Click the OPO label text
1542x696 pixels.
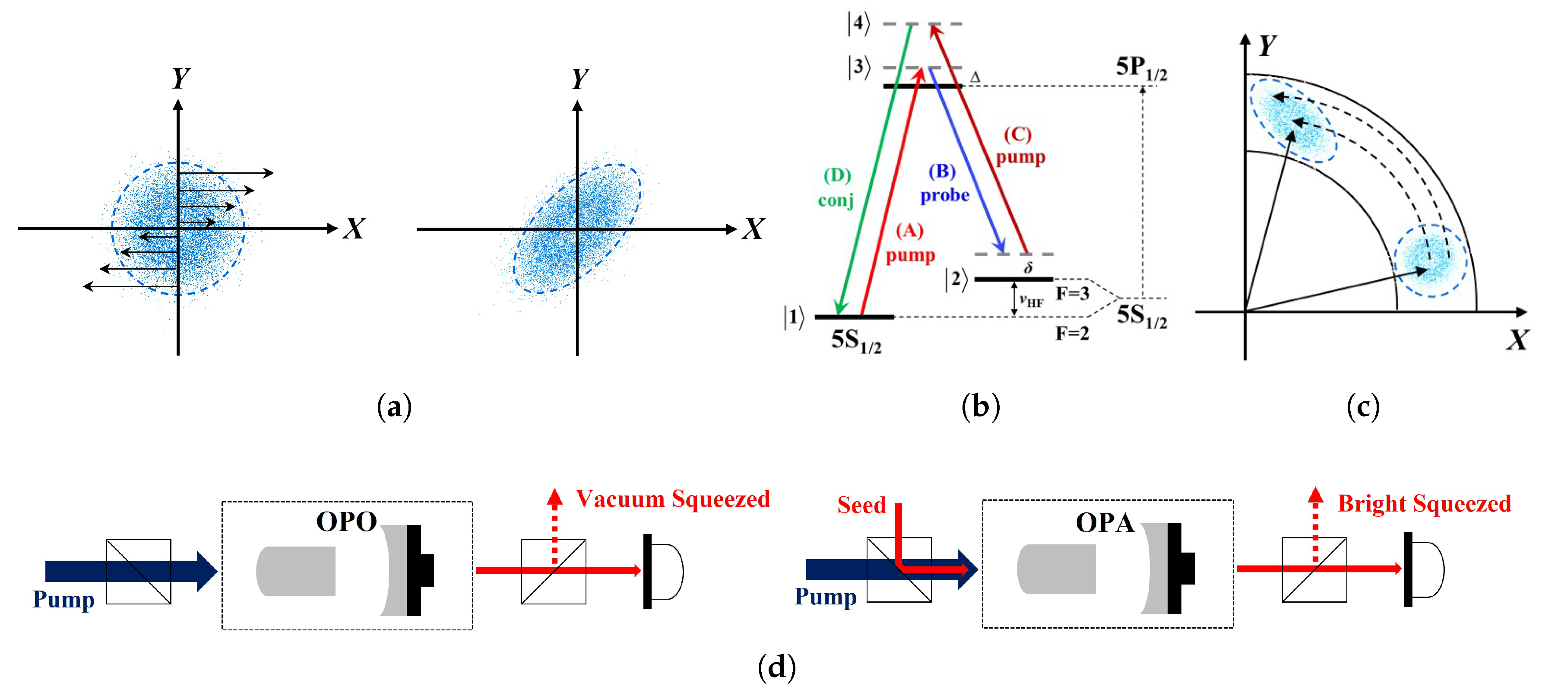[346, 522]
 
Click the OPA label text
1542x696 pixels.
[1105, 523]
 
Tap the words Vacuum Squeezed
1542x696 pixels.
[672, 499]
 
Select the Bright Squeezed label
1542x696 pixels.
[1424, 504]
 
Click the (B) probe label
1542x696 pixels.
[944, 183]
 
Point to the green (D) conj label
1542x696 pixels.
[836, 188]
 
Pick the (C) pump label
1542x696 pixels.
[1020, 146]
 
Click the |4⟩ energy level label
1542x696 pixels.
[858, 23]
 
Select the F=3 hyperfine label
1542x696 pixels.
[1072, 293]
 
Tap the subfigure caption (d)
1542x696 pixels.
[776, 667]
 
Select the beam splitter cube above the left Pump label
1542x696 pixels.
[138, 572]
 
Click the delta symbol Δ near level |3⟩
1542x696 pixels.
[975, 77]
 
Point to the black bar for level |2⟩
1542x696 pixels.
[1013, 279]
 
